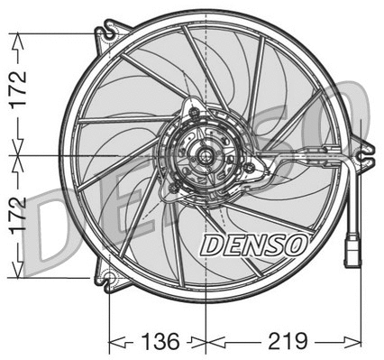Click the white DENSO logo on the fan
coord(253,244)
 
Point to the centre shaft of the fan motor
coord(206,156)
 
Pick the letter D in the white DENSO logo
coord(210,244)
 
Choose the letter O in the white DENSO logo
coord(297,244)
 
